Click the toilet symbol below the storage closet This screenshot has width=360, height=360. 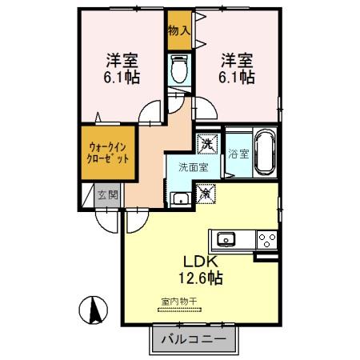coord(179,70)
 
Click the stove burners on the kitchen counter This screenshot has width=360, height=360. coord(266,238)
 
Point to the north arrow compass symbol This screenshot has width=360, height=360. coord(94,308)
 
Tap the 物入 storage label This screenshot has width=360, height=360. coord(179,31)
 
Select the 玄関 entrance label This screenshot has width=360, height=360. coord(107,194)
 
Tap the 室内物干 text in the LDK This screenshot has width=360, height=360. coord(178,302)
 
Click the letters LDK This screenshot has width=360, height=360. coord(202,261)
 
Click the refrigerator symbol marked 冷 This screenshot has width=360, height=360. coord(206,193)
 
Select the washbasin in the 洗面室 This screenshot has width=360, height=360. coord(181,200)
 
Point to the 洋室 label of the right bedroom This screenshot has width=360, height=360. coord(238,60)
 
